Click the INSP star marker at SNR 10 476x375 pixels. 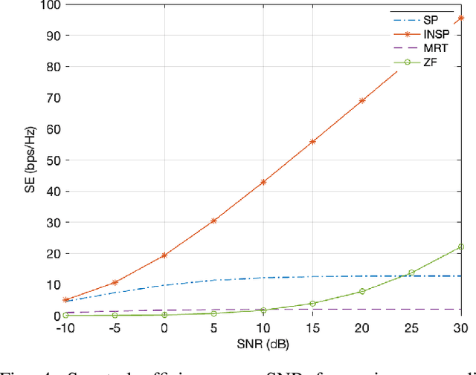(263, 182)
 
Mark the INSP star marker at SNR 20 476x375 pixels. (362, 100)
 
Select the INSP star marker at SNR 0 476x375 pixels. (164, 255)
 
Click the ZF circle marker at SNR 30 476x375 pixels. (461, 247)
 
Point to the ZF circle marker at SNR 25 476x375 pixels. (411, 273)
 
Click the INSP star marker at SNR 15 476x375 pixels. (312, 141)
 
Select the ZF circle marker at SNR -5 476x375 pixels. (115, 315)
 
